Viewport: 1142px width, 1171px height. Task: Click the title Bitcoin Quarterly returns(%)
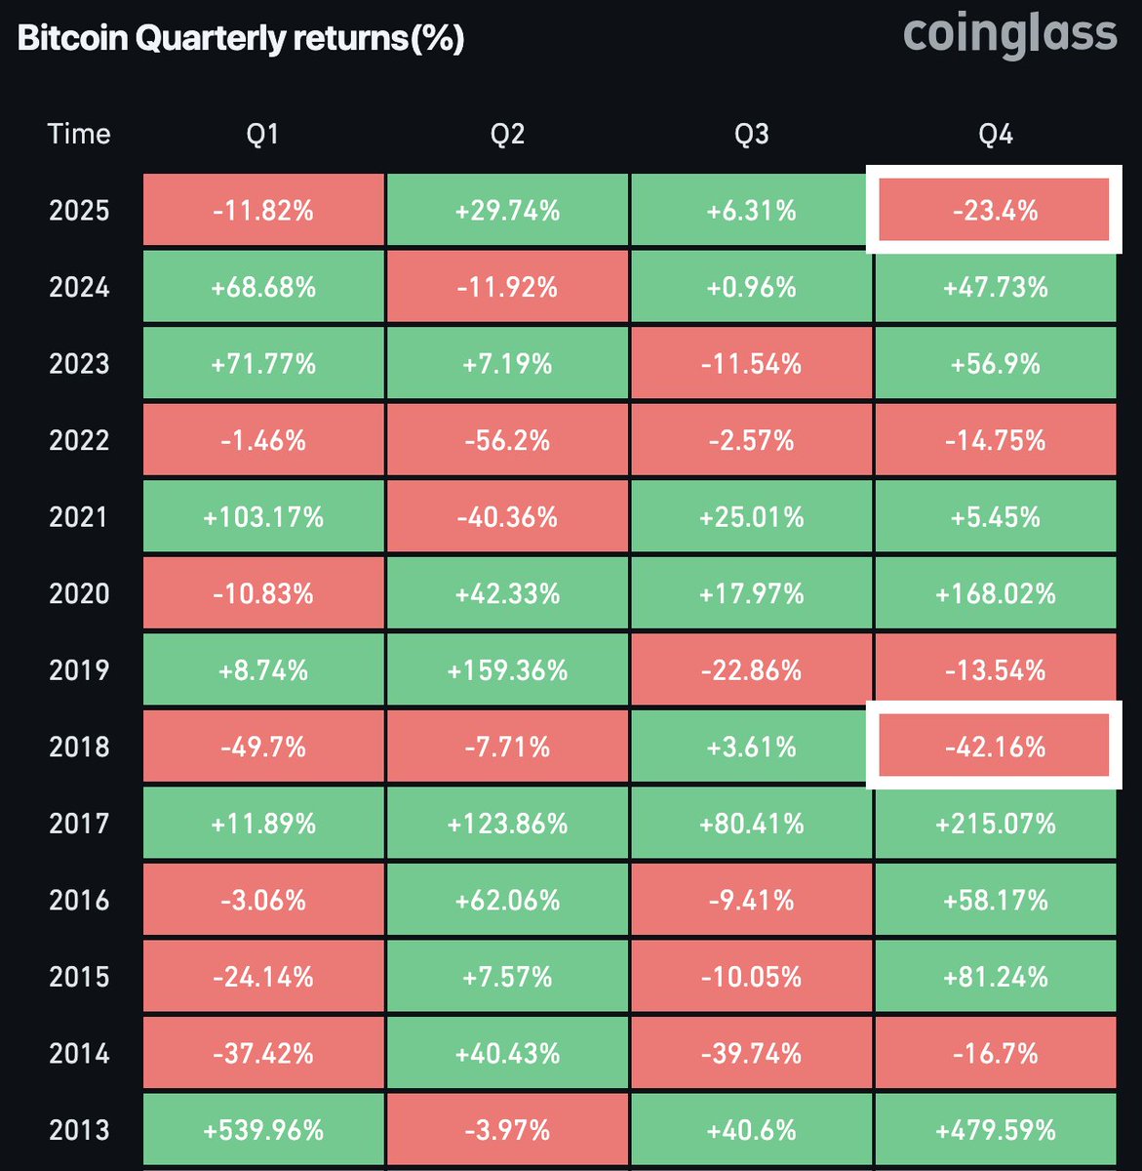[241, 39]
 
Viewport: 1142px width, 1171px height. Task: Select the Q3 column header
[751, 134]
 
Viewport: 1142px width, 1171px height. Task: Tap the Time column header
[79, 134]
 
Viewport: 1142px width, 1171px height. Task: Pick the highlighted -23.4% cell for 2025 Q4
[995, 210]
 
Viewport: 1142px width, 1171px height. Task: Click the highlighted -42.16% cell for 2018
[995, 747]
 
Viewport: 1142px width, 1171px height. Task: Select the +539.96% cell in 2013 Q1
[263, 1130]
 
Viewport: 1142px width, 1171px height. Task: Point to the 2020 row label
[79, 593]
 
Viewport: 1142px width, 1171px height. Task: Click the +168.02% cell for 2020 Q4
[995, 593]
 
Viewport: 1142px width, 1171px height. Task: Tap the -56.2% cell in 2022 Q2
[507, 440]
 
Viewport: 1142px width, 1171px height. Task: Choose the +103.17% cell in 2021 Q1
[263, 517]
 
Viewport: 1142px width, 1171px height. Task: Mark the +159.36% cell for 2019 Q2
[507, 670]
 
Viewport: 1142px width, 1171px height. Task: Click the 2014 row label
[79, 1054]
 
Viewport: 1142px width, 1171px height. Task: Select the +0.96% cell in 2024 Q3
[751, 287]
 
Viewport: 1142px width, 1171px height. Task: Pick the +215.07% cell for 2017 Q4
[995, 824]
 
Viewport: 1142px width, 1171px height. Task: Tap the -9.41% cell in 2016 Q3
[751, 900]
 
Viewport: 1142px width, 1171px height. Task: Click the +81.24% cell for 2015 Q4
[995, 977]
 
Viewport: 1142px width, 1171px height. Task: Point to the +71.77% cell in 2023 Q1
[263, 364]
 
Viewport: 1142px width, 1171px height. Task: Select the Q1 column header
[263, 134]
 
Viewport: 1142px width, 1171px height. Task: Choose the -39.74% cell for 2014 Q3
[751, 1054]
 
